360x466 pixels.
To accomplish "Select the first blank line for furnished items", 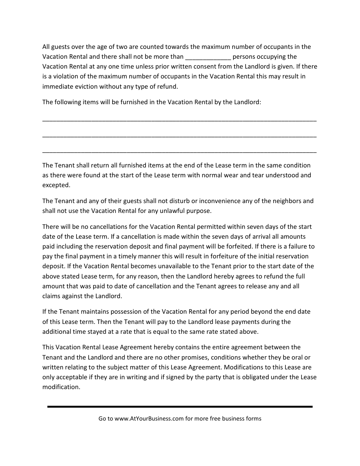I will click(x=179, y=120).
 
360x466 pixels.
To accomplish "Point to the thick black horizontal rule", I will click(x=180, y=407).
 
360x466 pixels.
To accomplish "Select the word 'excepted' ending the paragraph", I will click(x=56, y=185).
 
